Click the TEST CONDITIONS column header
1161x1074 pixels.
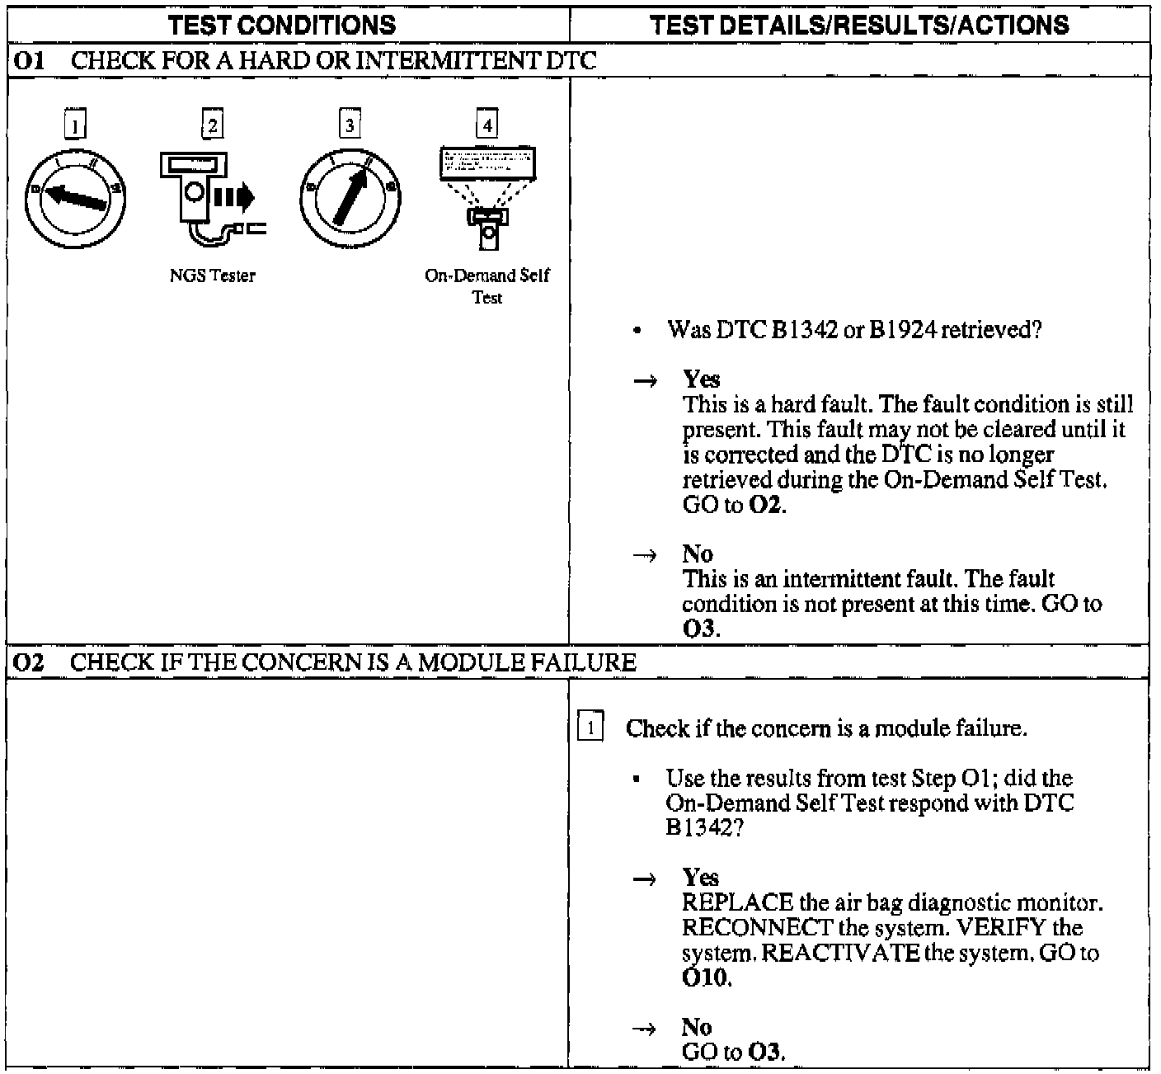[282, 24]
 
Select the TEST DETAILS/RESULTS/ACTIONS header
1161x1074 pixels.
[859, 24]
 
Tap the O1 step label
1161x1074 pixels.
[30, 60]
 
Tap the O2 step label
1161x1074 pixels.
[30, 662]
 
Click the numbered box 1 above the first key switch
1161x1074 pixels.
[75, 126]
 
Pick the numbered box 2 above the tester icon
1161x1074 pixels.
[213, 125]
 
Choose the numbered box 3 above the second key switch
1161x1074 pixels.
[350, 125]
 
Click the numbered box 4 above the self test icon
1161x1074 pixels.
[487, 125]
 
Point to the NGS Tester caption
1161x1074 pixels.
[213, 276]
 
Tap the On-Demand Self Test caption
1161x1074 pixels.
[487, 286]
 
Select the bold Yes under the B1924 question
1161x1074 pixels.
[701, 379]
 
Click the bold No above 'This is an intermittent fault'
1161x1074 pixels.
[698, 553]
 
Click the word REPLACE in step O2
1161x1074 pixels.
[737, 902]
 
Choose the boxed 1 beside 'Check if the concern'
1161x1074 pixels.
[590, 728]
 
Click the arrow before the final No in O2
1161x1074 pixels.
[645, 1029]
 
